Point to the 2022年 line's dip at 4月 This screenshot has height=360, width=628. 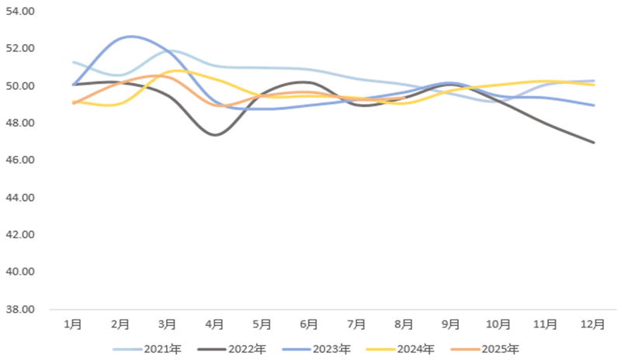[215, 134]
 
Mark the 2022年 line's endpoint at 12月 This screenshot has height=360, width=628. [594, 143]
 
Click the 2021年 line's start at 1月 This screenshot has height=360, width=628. [73, 62]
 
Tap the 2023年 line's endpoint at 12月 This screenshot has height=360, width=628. [594, 106]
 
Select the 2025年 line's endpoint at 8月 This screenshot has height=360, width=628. [404, 99]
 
